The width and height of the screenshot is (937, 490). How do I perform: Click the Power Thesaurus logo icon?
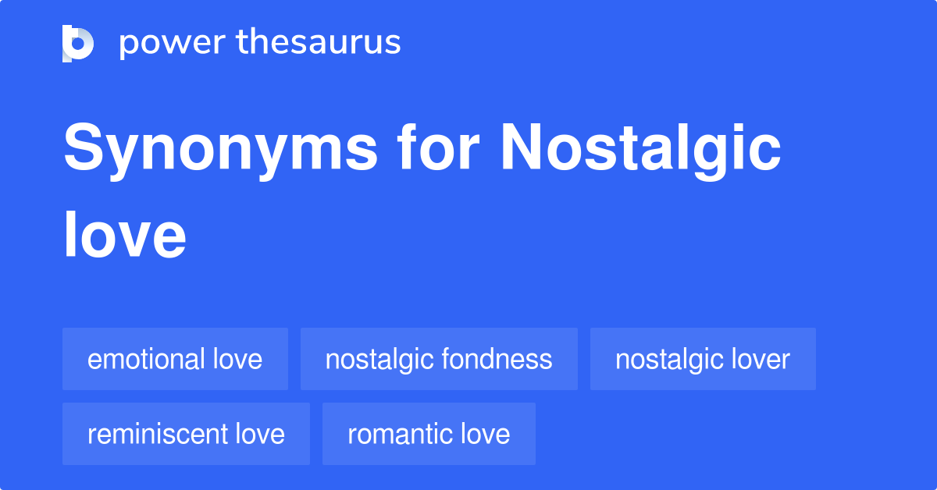(x=78, y=43)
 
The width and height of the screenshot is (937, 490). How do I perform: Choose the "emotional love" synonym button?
(x=175, y=359)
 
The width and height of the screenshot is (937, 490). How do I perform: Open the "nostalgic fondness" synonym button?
(x=439, y=359)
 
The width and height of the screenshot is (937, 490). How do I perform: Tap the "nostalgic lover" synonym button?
(x=703, y=359)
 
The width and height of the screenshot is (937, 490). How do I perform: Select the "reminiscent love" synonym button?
(x=186, y=434)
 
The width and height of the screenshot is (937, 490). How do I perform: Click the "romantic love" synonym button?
(x=429, y=434)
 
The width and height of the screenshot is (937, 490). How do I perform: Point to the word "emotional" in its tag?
(x=146, y=359)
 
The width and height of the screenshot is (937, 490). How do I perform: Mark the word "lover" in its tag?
(x=761, y=359)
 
